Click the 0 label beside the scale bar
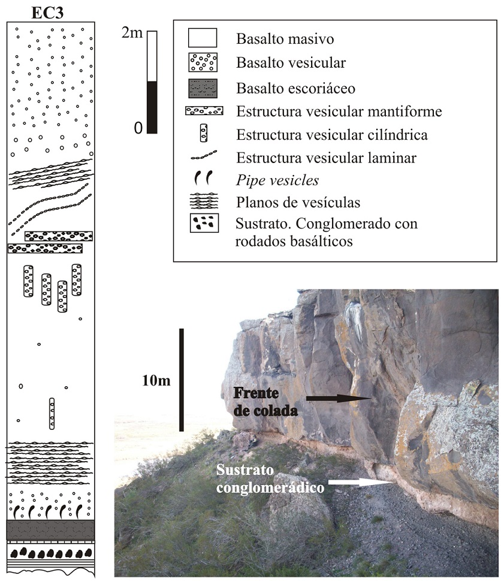pyautogui.click(x=138, y=128)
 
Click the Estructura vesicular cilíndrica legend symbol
pyautogui.click(x=204, y=134)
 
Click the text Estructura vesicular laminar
pyautogui.click(x=327, y=158)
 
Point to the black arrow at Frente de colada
pyautogui.click(x=338, y=398)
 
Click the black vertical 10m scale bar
pyautogui.click(x=182, y=379)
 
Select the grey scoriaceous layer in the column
pyautogui.click(x=50, y=529)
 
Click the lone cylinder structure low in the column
pyautogui.click(x=52, y=413)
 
